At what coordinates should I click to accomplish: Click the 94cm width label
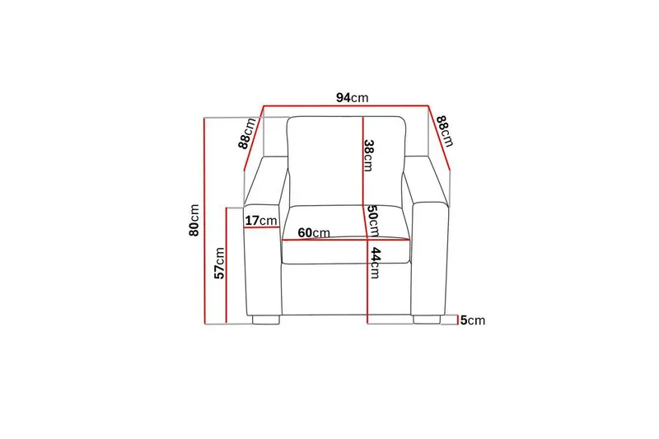tap(352, 97)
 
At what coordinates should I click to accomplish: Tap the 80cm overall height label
tap(194, 220)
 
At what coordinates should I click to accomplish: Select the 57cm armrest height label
tap(219, 263)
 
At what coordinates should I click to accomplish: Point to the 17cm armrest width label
tap(261, 221)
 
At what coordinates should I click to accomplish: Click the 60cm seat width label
tap(314, 233)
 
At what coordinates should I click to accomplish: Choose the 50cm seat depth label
tap(372, 220)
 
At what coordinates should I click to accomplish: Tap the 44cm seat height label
tap(375, 263)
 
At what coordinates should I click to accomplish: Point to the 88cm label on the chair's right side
tap(445, 131)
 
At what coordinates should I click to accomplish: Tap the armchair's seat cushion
tap(346, 247)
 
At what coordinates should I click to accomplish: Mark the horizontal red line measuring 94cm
tap(346, 106)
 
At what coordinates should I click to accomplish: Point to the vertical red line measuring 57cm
tap(228, 264)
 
